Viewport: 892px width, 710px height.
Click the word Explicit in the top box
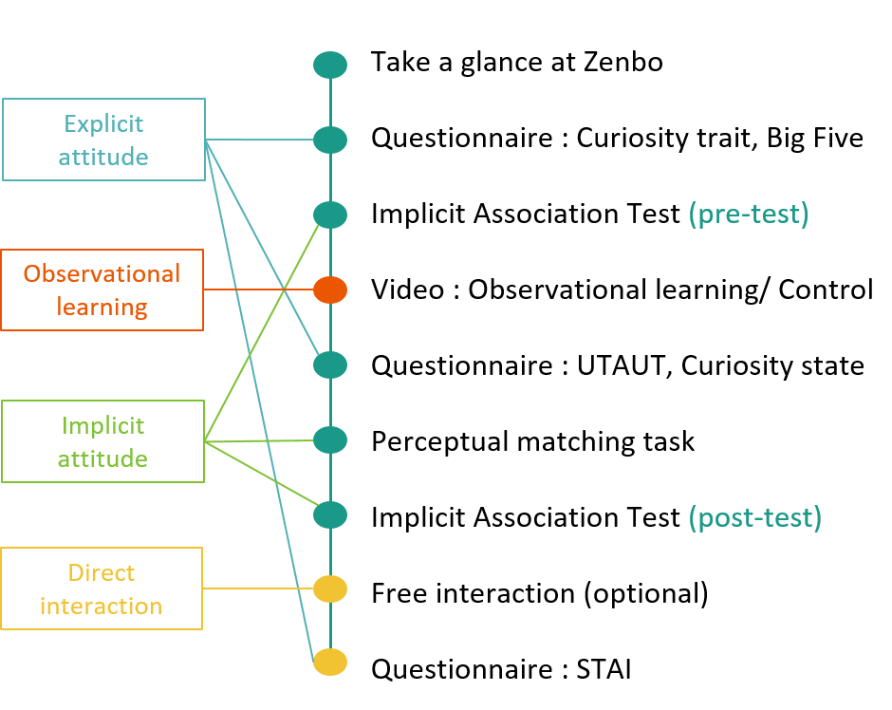[x=103, y=123]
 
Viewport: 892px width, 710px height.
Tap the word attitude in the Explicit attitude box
[x=103, y=157]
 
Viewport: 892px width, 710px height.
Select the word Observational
[x=102, y=273]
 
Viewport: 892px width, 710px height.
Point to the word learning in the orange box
[x=102, y=308]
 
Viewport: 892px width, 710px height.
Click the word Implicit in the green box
[x=102, y=425]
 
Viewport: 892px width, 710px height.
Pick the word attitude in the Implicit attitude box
[x=102, y=458]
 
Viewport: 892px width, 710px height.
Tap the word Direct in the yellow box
[x=102, y=572]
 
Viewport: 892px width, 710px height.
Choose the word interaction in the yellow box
[x=102, y=606]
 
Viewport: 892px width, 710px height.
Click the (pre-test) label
[x=748, y=215]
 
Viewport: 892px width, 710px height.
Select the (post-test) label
[x=754, y=517]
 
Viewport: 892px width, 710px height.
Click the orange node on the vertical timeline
[x=330, y=290]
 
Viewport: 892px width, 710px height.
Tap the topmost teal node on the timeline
[x=330, y=65]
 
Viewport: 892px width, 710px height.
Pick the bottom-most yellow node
[x=330, y=662]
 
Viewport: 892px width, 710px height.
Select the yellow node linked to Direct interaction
[x=330, y=589]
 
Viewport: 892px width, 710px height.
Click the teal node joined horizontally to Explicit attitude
[x=330, y=140]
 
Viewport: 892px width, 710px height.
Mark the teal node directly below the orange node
[x=330, y=364]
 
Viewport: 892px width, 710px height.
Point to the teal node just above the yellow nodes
[x=330, y=514]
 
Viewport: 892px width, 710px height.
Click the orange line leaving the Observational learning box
[x=258, y=290]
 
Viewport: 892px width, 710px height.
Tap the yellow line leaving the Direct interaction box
[x=258, y=589]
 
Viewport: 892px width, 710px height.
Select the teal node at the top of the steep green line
[x=330, y=215]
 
